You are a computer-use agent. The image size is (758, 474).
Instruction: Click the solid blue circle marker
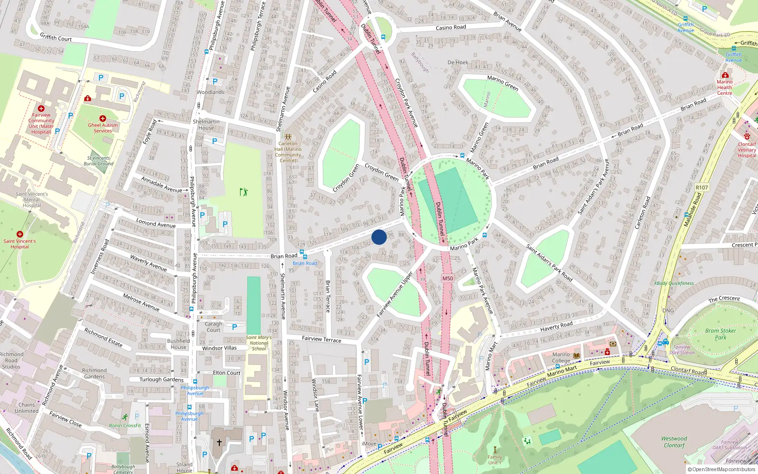point(379,237)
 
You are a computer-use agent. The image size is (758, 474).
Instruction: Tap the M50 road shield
point(448,278)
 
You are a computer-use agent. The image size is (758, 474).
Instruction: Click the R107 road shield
point(702,188)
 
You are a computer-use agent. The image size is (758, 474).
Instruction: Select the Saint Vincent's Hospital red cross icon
point(19,234)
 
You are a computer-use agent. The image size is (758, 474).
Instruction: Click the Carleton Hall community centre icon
point(288,137)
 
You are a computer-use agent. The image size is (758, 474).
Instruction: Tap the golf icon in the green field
point(244,192)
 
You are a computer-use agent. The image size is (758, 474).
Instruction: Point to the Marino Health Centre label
point(724,87)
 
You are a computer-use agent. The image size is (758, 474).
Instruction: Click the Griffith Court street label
point(56,37)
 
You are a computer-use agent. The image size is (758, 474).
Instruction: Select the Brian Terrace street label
point(328,296)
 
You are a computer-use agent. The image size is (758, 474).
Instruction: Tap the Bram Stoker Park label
point(720,334)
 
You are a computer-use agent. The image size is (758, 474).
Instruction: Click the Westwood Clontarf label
point(674,442)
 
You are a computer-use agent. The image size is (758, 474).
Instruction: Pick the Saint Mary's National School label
point(259,343)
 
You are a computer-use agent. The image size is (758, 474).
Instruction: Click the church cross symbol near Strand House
point(219,443)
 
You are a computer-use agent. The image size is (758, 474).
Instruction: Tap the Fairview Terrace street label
point(321,339)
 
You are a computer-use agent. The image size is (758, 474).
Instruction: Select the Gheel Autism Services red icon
point(102,118)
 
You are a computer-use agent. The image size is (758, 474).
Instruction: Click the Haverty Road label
point(556,326)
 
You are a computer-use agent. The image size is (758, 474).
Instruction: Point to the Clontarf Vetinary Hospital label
point(747,150)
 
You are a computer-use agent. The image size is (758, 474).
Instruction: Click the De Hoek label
point(458,63)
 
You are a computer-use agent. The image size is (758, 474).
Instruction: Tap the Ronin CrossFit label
point(125,425)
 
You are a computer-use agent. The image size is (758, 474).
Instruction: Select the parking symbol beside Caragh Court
point(235,327)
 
